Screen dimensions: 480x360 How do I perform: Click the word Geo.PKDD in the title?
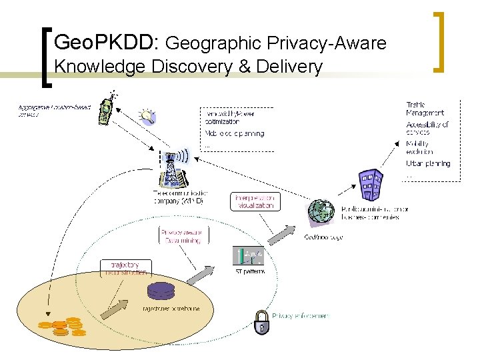pyautogui.click(x=103, y=44)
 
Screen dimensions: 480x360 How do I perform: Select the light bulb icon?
pyautogui.click(x=147, y=116)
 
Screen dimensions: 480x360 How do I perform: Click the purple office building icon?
pyautogui.click(x=371, y=185)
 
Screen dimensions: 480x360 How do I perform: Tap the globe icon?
pyautogui.click(x=321, y=212)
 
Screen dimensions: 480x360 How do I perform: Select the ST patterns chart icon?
pyautogui.click(x=248, y=256)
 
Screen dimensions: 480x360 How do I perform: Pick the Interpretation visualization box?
pyautogui.click(x=253, y=202)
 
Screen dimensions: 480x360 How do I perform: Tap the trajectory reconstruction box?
pyautogui.click(x=125, y=269)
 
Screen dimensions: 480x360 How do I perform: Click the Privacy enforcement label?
pyautogui.click(x=300, y=315)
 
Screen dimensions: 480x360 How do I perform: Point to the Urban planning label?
pyautogui.click(x=428, y=163)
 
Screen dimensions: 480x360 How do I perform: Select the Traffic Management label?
pyautogui.click(x=425, y=109)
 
